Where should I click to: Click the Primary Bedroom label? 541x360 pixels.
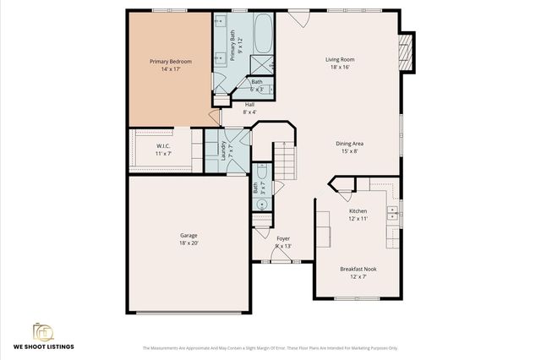(x=170, y=62)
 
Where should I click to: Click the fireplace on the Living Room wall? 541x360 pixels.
(x=407, y=52)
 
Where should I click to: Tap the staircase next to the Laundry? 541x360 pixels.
(x=287, y=161)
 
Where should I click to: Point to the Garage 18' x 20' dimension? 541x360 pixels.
(x=188, y=243)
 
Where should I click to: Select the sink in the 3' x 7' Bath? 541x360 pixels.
(x=256, y=203)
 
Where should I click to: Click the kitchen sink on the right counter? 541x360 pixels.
(x=393, y=214)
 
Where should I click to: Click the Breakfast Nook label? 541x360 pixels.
(x=358, y=269)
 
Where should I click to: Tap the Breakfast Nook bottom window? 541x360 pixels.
(x=358, y=298)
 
